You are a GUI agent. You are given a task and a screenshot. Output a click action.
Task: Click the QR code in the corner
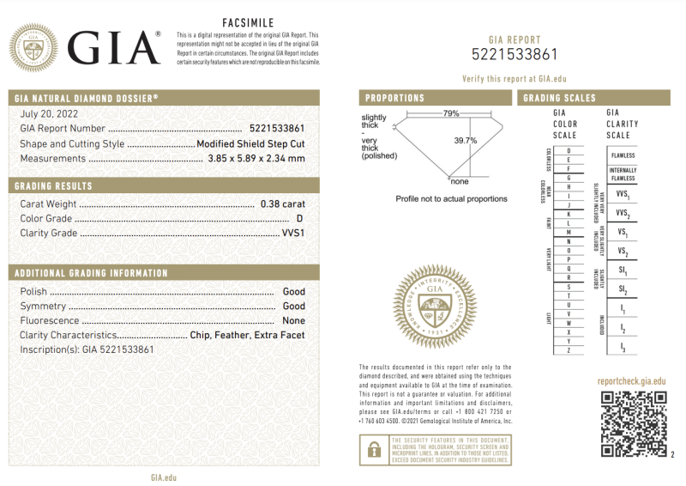coord(633,423)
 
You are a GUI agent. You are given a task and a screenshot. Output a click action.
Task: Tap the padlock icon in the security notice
coord(374,449)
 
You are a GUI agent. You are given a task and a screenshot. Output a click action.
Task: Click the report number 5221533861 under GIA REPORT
coord(514,55)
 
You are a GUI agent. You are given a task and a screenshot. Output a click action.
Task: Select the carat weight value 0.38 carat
coord(282,204)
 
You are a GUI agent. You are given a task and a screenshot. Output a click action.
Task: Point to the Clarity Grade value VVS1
coord(293,233)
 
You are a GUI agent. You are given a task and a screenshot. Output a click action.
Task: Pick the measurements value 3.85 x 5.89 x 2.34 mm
coord(256,159)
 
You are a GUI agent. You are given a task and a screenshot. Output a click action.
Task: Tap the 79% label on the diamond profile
coord(451,113)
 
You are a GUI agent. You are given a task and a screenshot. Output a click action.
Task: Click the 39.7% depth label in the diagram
coord(466,141)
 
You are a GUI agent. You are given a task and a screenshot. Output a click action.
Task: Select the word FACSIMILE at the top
coord(249,22)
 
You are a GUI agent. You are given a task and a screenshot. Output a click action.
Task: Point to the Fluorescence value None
coord(294,320)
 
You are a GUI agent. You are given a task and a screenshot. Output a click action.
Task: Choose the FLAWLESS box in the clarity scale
coord(623,155)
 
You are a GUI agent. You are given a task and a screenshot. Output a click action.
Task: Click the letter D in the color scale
coord(569,151)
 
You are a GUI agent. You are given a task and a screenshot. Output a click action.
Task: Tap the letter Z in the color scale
coord(569,350)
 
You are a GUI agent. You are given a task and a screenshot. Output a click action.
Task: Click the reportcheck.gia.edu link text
coord(631,381)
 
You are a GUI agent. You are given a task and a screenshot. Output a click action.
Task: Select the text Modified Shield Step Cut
coord(250,144)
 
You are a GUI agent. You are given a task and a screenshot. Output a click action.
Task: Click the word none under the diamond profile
coord(460,181)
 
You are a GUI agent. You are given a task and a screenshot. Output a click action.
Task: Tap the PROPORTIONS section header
coord(395,98)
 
